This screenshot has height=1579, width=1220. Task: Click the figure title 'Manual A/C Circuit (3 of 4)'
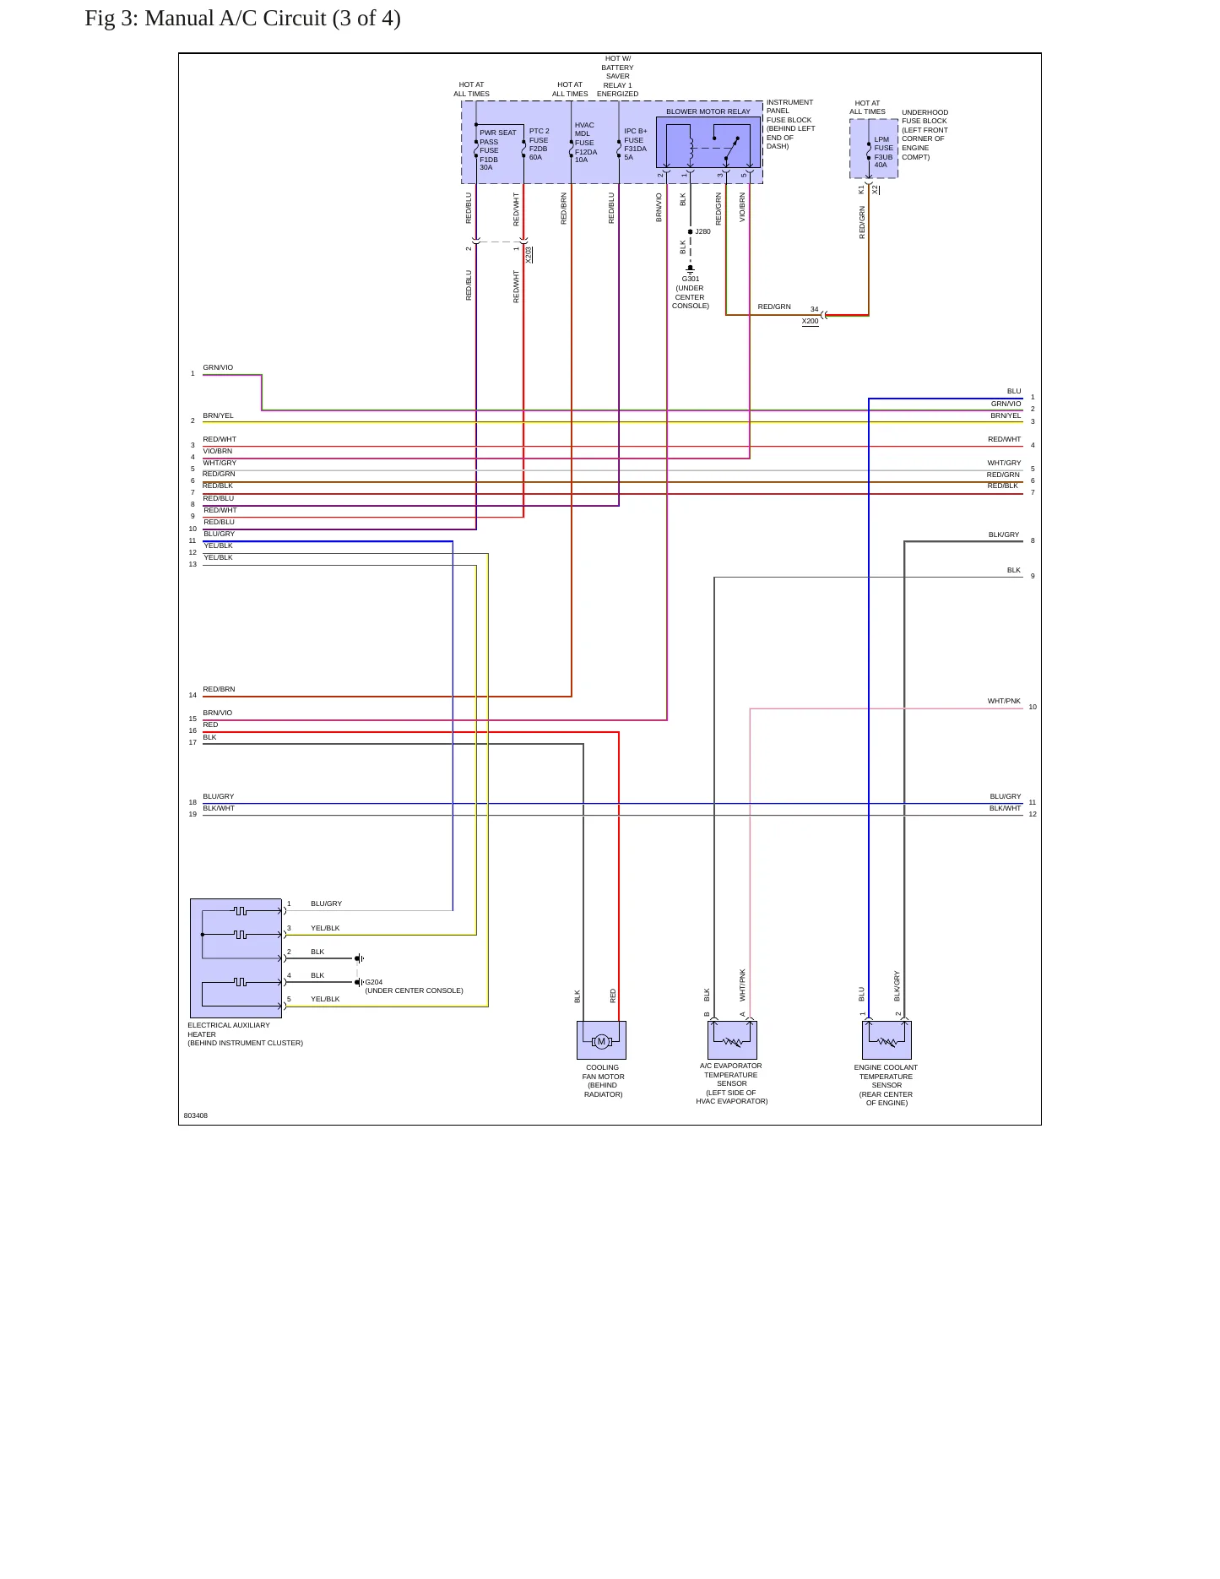273,19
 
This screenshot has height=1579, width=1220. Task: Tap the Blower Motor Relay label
708,111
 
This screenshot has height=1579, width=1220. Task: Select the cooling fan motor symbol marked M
601,1041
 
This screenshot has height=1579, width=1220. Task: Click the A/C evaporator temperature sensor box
732,1040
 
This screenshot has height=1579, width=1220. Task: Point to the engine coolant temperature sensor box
887,1040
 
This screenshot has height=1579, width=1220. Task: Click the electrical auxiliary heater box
236,958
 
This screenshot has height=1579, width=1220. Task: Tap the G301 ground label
691,279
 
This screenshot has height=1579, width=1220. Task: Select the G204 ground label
373,982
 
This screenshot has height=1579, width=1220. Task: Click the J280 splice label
702,231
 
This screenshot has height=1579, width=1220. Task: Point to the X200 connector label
810,322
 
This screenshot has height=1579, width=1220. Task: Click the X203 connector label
529,254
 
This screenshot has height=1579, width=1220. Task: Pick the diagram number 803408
196,1115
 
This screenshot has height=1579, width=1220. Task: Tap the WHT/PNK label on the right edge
1004,701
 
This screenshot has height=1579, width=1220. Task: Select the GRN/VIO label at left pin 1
218,367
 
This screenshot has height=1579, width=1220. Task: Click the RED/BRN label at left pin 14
219,689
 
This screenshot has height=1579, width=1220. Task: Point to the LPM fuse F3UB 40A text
883,152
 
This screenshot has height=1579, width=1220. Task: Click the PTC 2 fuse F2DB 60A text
539,144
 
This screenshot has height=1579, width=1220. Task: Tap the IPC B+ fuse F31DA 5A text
636,144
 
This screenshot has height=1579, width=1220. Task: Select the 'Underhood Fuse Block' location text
924,134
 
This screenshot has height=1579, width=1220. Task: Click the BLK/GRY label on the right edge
1004,534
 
